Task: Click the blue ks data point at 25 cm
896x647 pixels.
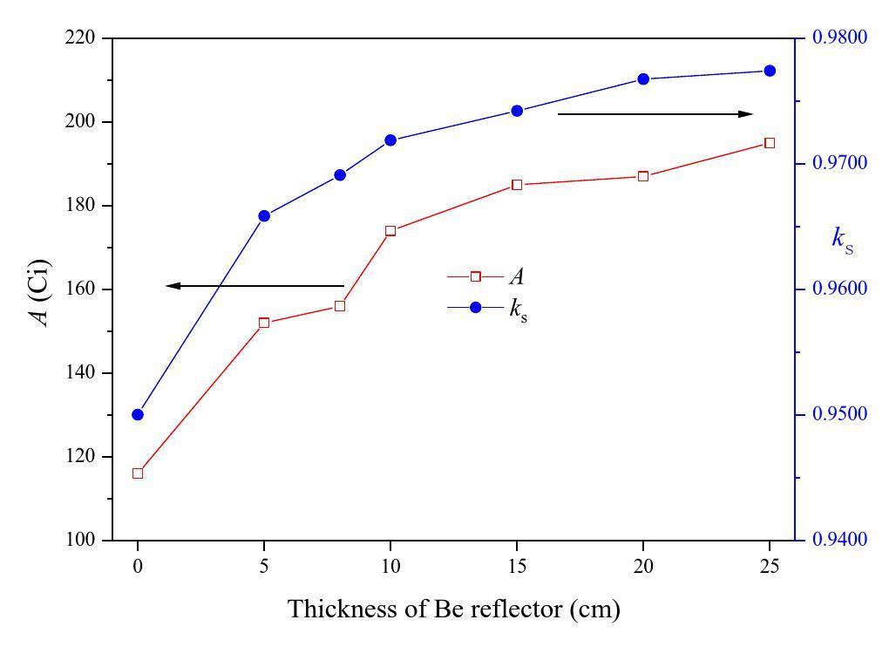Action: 770,71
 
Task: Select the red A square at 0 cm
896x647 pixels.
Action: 138,473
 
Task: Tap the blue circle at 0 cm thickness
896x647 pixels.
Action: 138,414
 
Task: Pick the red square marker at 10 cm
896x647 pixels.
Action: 390,231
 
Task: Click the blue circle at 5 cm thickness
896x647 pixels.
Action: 264,215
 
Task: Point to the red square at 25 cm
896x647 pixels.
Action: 770,143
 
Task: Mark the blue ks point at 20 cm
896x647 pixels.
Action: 643,78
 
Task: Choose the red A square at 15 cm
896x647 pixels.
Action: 517,185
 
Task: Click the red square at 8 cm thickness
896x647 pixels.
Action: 340,306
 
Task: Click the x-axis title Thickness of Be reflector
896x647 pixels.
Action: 453,609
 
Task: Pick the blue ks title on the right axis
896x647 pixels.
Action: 842,238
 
